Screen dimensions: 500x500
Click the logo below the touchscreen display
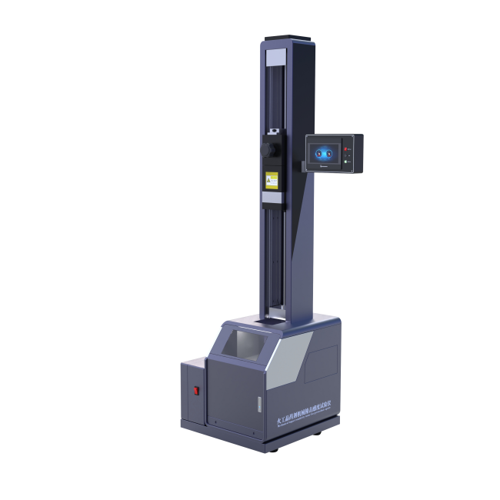(x=325, y=165)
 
